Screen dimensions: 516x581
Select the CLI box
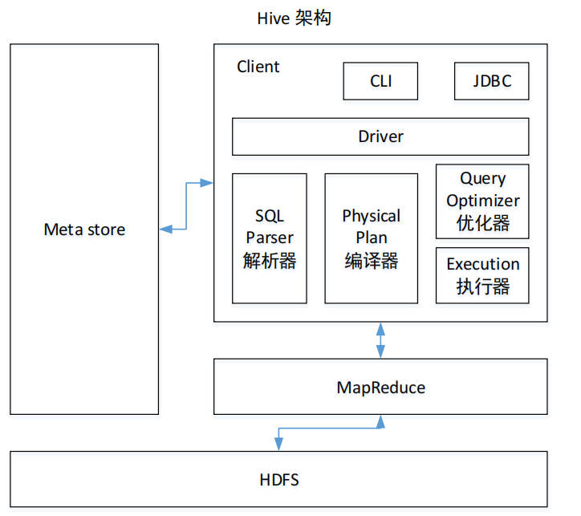380,81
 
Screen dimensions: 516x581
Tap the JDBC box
491,81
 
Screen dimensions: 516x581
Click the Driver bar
380,136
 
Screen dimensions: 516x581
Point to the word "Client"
258,67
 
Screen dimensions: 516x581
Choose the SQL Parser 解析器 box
270,238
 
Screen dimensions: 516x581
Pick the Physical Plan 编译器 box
371,238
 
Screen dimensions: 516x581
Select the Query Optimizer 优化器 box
482,201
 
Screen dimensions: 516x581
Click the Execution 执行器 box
482,275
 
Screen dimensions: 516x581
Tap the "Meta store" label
84,230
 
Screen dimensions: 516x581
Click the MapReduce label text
380,388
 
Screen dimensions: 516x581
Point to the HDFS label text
279,480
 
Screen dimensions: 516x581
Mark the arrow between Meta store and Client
186,206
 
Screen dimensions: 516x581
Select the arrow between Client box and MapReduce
380,340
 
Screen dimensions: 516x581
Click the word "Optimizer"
483,201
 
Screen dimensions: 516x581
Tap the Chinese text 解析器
270,260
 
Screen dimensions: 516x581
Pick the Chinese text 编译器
371,260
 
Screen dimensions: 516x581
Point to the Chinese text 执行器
482,286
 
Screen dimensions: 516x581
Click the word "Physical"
371,216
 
